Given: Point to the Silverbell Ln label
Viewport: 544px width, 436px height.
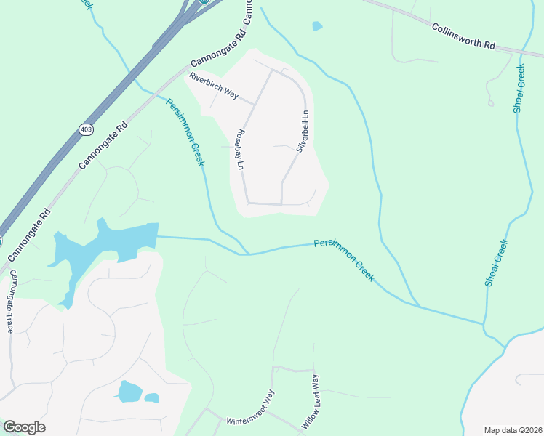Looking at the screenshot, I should (303, 132).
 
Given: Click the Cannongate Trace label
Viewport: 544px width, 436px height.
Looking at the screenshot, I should (11, 301).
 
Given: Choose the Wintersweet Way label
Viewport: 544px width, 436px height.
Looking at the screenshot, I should (251, 411).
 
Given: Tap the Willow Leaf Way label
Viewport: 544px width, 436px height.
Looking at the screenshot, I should (310, 401).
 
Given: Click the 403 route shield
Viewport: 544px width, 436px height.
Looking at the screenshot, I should (87, 129).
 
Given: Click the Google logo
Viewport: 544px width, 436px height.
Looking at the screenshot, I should (24, 427).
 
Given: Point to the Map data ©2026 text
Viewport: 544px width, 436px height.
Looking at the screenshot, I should (513, 430).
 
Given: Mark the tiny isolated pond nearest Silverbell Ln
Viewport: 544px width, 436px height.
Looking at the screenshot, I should (317, 26).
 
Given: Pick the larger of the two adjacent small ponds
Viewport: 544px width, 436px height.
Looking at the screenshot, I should (129, 392).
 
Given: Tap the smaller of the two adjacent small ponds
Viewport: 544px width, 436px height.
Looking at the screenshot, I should (152, 397).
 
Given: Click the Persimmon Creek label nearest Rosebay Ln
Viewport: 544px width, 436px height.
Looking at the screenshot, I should (185, 132).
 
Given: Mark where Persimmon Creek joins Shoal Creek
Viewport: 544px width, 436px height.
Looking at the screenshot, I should (484, 324).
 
